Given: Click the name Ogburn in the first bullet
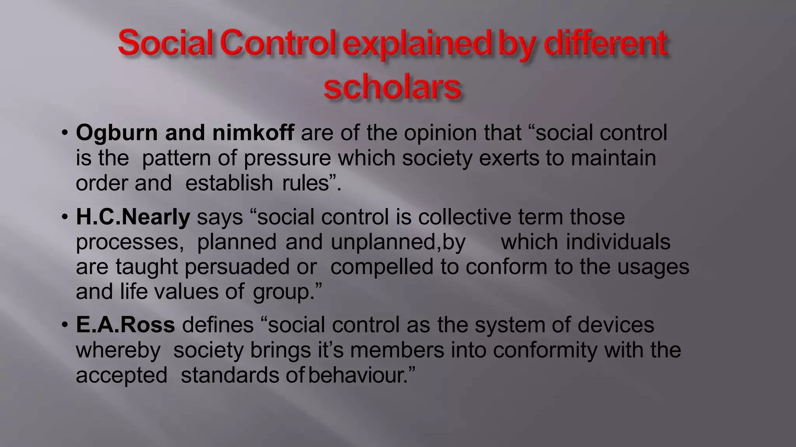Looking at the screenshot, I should pyautogui.click(x=117, y=133).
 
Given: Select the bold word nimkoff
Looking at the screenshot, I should pyautogui.click(x=253, y=133).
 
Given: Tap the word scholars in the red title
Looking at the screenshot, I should pyautogui.click(x=393, y=88).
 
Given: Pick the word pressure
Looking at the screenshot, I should pyautogui.click(x=287, y=158).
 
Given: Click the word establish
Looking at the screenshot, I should pyautogui.click(x=229, y=183).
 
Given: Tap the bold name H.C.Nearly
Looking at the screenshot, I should pyautogui.click(x=133, y=217).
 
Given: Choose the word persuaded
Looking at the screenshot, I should pyautogui.click(x=237, y=267).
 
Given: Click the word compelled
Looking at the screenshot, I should pyautogui.click(x=382, y=267).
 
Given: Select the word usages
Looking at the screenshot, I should pyautogui.click(x=653, y=267).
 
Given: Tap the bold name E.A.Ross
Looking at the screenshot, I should pyautogui.click(x=125, y=325).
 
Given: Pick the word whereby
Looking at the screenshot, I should pyautogui.click(x=118, y=350).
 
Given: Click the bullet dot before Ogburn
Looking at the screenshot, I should pyautogui.click(x=65, y=133).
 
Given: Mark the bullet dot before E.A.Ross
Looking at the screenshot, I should pyautogui.click(x=65, y=325).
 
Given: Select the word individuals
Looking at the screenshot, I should pyautogui.click(x=618, y=242).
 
